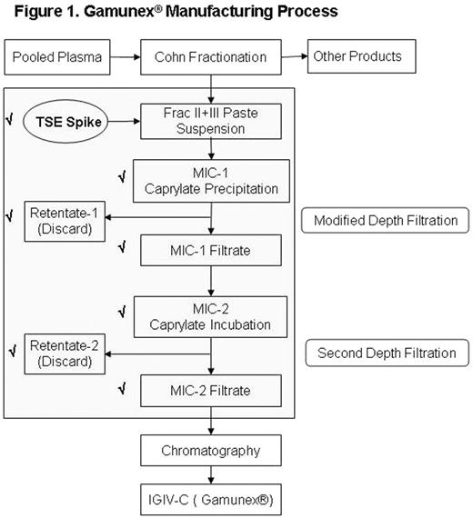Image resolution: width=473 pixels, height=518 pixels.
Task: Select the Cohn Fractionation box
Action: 211,56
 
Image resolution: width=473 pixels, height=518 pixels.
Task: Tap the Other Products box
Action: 357,56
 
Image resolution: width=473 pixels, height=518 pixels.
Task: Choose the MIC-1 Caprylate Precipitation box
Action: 211,179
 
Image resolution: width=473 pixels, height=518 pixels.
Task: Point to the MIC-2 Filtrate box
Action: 211,391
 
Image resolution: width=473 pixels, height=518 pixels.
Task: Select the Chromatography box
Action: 211,450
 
